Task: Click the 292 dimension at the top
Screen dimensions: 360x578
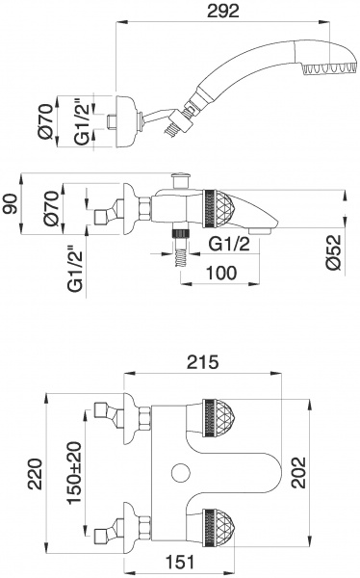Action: click(x=223, y=11)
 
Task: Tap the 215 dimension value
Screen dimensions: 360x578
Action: click(x=203, y=362)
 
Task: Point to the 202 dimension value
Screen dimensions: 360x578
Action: click(x=298, y=473)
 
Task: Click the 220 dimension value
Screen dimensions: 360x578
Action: click(x=36, y=474)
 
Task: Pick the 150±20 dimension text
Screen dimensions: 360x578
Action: click(x=74, y=472)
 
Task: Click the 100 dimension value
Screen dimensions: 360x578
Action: click(x=221, y=274)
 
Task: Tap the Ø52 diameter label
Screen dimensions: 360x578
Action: click(x=335, y=253)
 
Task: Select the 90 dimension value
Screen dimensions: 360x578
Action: click(x=11, y=204)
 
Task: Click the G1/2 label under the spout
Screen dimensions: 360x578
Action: click(x=229, y=245)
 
